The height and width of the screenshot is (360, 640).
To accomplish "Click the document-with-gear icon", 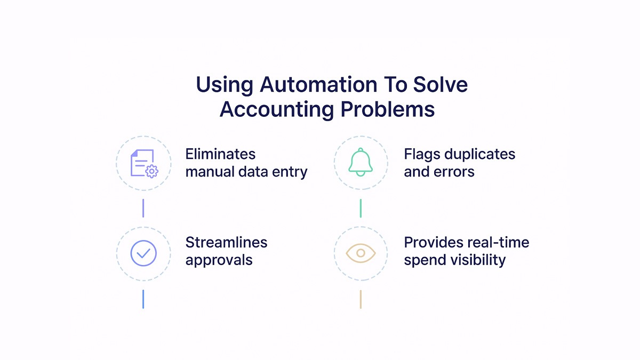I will click(x=143, y=163).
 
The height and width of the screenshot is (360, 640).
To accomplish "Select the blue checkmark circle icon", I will click(x=143, y=253).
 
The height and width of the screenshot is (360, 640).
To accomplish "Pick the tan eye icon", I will click(x=361, y=253).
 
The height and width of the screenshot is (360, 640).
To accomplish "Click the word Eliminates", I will click(x=220, y=154).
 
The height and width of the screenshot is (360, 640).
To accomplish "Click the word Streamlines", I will click(x=226, y=242).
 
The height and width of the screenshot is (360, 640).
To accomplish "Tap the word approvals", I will click(x=219, y=260).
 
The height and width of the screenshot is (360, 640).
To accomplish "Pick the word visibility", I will click(x=478, y=260).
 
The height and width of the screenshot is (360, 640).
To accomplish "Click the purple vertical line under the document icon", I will click(x=143, y=208).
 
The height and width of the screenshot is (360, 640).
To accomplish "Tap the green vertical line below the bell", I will click(x=361, y=208).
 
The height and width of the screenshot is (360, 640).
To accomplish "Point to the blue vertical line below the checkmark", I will click(x=143, y=299).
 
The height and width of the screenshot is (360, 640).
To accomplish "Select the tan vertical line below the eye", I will click(x=361, y=299).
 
